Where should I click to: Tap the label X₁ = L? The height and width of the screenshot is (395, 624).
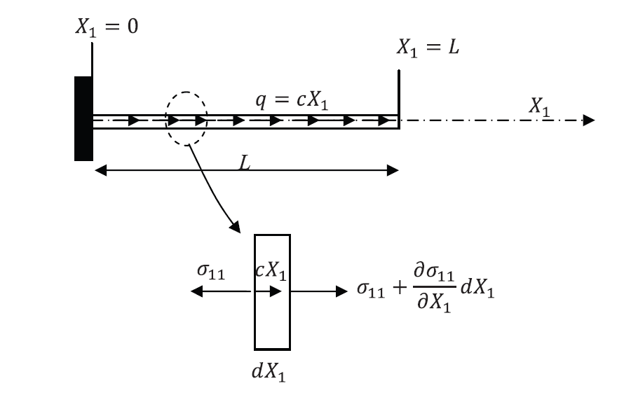(x=428, y=48)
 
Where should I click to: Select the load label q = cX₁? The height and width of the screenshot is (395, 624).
(x=292, y=102)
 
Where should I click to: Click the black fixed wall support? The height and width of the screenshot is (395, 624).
(x=83, y=118)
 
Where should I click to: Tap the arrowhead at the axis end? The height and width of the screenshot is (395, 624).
(x=589, y=120)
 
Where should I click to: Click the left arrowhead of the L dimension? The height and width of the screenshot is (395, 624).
(x=100, y=169)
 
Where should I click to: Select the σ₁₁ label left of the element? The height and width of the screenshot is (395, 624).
(x=210, y=273)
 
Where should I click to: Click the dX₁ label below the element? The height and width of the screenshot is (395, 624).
(x=269, y=372)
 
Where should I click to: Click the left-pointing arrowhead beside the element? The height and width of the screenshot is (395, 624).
(x=197, y=291)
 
